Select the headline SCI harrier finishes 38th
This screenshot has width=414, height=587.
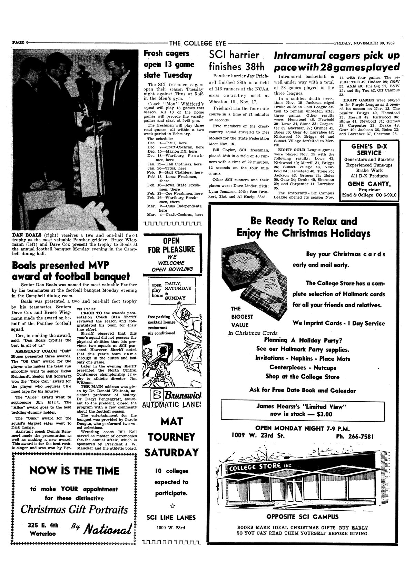click(x=237, y=60)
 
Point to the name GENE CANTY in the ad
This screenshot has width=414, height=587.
click(x=369, y=184)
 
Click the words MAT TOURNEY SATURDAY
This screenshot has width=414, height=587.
click(x=172, y=437)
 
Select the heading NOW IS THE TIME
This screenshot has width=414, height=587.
click(x=74, y=471)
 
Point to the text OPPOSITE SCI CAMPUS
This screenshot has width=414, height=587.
click(x=302, y=517)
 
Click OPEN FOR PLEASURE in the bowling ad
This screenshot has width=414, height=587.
click(x=172, y=245)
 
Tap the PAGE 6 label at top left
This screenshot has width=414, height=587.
click(x=20, y=43)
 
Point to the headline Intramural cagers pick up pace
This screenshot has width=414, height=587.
click(x=336, y=61)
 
